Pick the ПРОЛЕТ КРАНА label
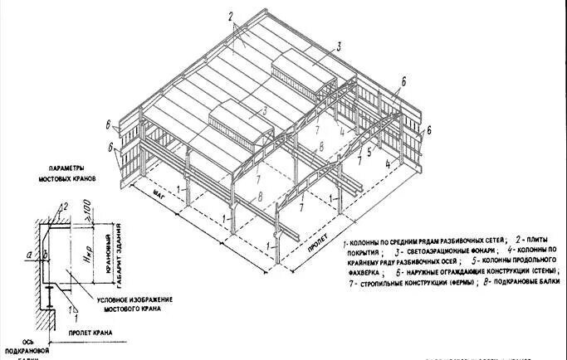83,333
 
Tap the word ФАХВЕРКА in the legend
362,270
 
